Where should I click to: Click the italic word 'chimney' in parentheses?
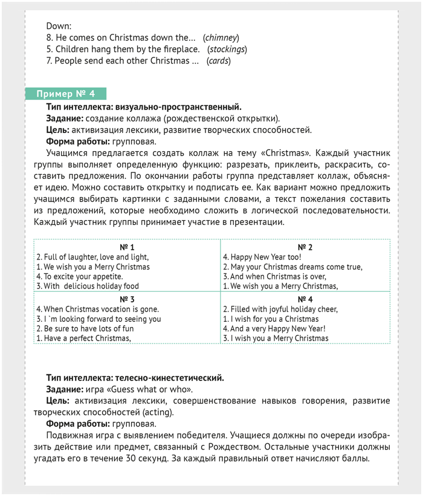[x=221, y=38]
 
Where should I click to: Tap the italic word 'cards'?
[x=218, y=60]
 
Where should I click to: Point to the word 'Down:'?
[x=59, y=26]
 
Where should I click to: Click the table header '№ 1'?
[x=127, y=247]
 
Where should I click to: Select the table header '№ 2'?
[x=305, y=247]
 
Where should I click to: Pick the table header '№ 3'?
[x=127, y=299]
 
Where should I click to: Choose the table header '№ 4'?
[x=305, y=299]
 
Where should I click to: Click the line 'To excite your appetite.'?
[x=79, y=276]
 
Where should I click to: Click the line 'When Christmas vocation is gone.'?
[x=97, y=309]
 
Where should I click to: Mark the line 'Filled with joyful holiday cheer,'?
[x=280, y=309]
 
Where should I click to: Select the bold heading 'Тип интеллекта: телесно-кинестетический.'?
[x=135, y=378]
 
